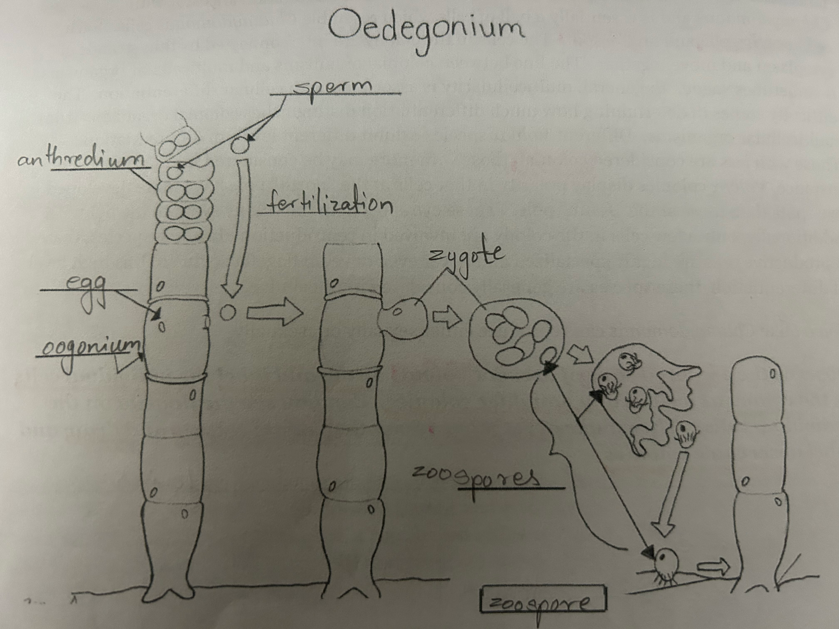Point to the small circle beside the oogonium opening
coord(228,313)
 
